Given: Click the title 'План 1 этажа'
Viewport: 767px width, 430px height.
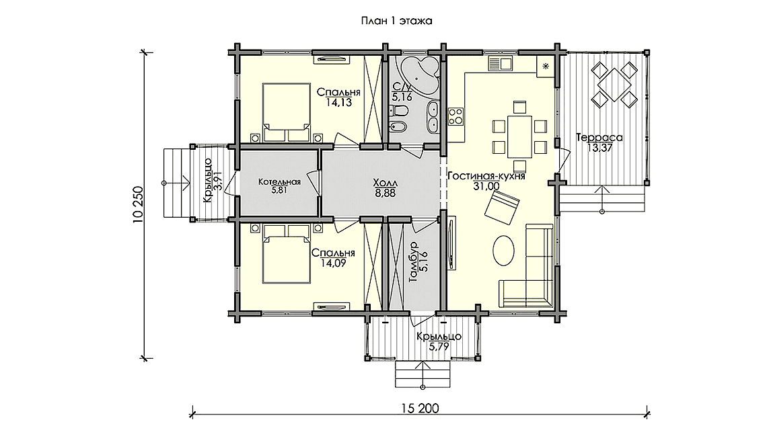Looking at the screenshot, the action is coord(396,21).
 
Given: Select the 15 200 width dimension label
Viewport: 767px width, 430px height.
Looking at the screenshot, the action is coord(420,408).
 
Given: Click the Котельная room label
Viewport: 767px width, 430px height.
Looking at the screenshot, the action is coord(279,182).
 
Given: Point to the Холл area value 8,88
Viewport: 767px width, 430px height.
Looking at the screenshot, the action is coord(386,193).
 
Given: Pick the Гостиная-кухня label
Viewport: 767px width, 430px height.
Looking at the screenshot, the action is coord(486,177).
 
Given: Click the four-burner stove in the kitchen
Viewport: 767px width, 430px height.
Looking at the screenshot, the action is coord(456,116).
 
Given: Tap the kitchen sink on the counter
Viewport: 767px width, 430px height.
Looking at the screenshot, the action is coord(499,64).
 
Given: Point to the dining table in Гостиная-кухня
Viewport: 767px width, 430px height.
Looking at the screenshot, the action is coord(519,136).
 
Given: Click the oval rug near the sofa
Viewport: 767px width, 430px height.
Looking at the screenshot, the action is coord(503,250).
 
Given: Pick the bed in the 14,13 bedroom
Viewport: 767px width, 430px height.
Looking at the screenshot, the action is coord(286,112).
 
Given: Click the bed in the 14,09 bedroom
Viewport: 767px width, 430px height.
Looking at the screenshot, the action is coord(286,253).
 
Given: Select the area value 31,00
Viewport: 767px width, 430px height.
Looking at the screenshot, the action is coord(486,185).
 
